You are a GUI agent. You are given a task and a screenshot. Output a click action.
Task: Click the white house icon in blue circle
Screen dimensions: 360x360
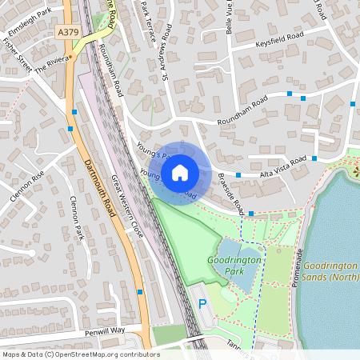coord(180,171)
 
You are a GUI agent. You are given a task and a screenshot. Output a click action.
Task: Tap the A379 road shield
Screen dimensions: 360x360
coord(70,32)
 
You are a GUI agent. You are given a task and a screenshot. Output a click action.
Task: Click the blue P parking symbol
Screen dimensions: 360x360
coord(202,305)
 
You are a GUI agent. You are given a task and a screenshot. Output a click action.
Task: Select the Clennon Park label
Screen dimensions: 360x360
coord(78,218)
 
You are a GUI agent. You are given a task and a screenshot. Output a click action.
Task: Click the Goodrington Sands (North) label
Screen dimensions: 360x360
coord(334,271)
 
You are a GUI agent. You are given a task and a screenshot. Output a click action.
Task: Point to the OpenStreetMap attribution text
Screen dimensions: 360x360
coord(81,354)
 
